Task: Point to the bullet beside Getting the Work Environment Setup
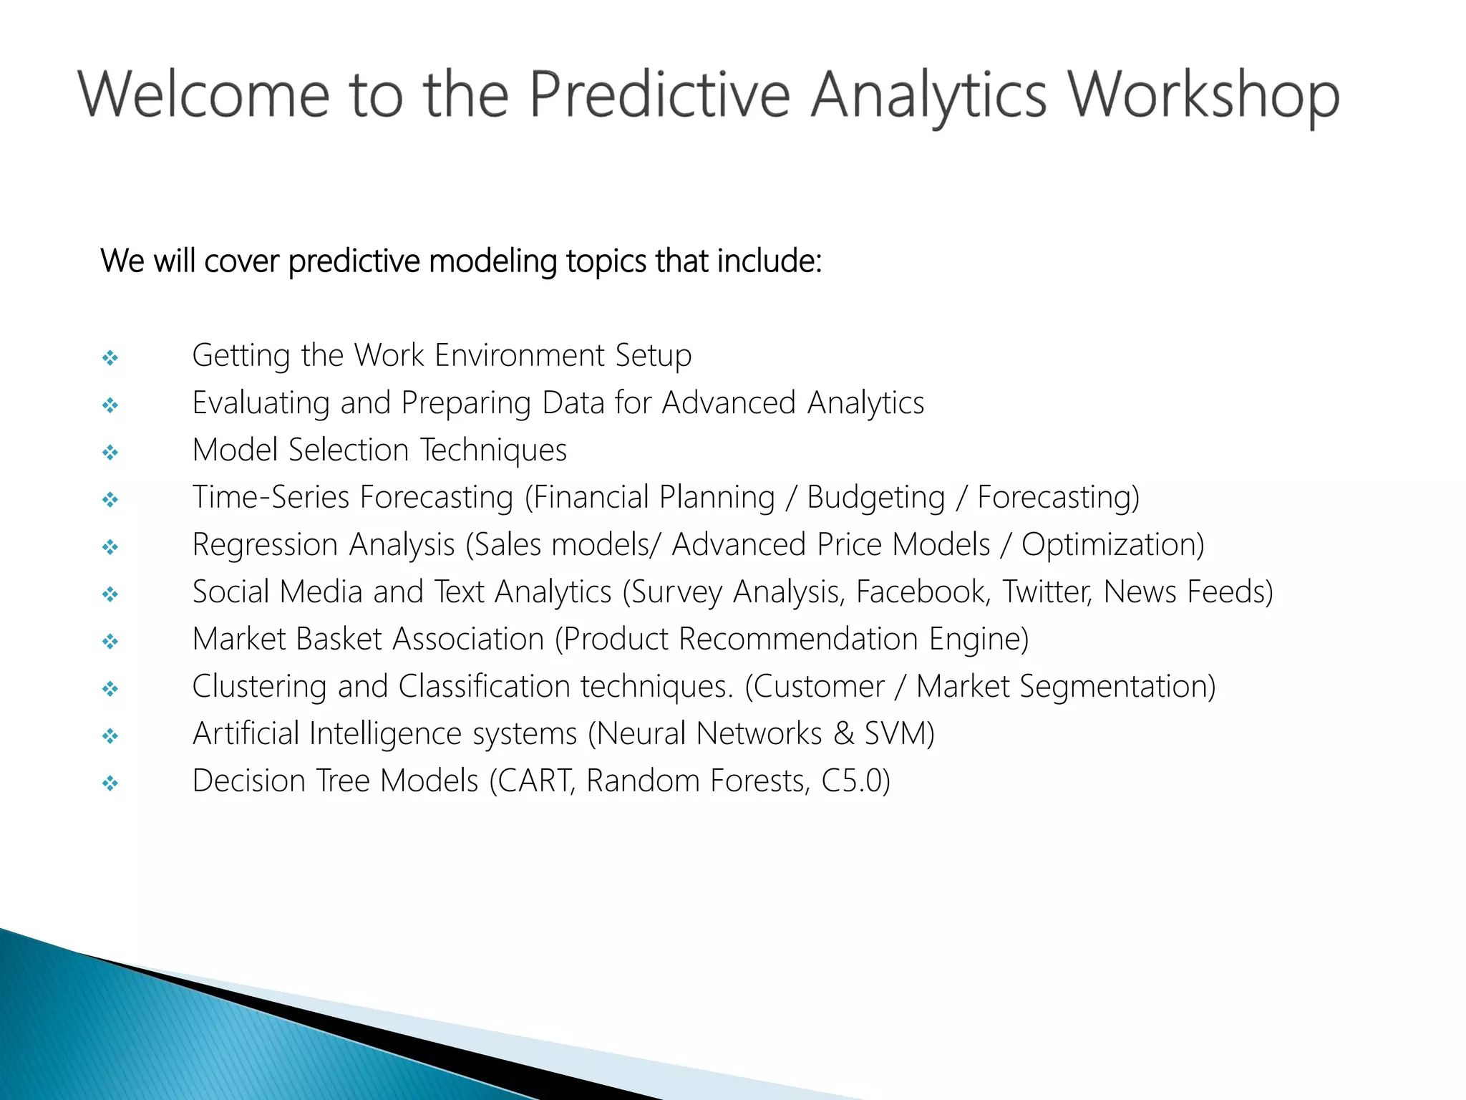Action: [110, 357]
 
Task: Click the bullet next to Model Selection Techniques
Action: [110, 452]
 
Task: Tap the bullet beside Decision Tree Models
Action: [110, 783]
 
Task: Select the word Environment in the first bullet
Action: [520, 355]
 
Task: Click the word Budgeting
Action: [875, 498]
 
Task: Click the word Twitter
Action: [1047, 592]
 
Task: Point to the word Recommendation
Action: [798, 639]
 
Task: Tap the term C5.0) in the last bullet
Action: [856, 781]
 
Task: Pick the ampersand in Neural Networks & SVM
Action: [844, 733]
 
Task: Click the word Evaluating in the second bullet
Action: [261, 402]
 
